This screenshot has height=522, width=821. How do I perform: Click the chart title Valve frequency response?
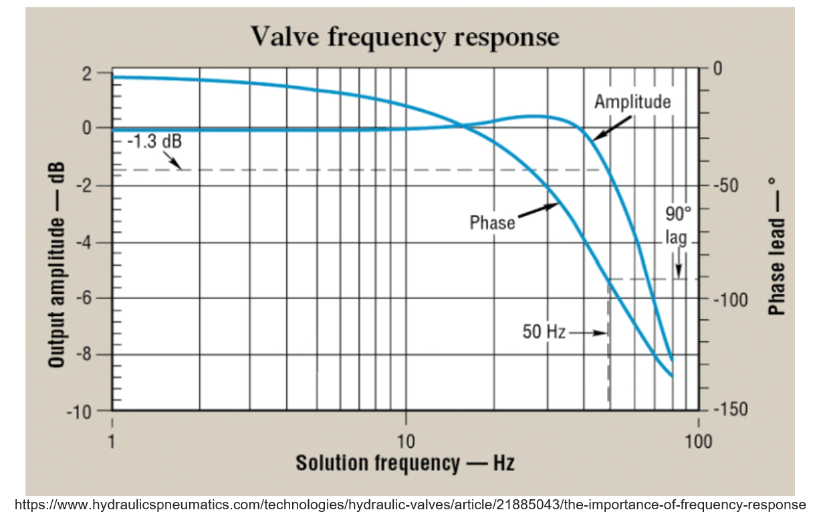tap(404, 37)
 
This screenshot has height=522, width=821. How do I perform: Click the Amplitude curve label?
tap(632, 102)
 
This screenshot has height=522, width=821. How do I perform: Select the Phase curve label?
tap(492, 223)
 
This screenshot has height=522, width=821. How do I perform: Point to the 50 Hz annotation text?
tap(544, 331)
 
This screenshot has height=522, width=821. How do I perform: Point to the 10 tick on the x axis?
tap(405, 441)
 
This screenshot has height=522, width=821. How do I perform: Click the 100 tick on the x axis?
tap(698, 441)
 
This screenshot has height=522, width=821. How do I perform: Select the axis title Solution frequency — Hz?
tap(404, 463)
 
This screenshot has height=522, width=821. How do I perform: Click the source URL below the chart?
tap(410, 505)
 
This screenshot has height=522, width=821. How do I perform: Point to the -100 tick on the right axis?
tap(729, 298)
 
